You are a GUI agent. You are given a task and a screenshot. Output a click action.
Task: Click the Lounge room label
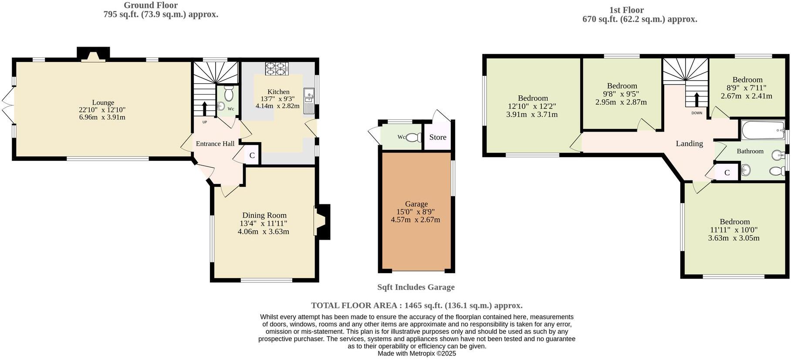tap(103, 103)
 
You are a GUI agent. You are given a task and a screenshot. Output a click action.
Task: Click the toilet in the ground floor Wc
tap(229, 94)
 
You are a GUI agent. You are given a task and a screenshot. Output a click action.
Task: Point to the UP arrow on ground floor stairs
tap(204, 109)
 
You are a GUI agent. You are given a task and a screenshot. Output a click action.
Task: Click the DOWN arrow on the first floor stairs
tap(696, 99)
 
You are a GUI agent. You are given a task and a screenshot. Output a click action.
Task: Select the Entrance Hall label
tap(215, 143)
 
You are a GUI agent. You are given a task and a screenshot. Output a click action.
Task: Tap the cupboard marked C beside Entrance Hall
tap(252, 156)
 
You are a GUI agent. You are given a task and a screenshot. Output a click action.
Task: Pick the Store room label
tap(438, 137)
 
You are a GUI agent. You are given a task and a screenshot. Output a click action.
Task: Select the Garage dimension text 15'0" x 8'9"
tap(416, 212)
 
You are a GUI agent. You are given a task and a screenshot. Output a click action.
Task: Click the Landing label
tap(689, 143)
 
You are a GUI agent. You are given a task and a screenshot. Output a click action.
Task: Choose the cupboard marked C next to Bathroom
tap(727, 173)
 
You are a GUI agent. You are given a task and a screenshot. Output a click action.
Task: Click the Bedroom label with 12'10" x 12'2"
tap(532, 98)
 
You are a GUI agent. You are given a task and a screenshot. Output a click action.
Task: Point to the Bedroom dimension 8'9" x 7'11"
tap(747, 88)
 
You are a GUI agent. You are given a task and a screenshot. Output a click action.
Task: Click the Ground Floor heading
tap(150, 5)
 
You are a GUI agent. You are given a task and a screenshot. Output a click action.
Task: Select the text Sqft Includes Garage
tap(416, 287)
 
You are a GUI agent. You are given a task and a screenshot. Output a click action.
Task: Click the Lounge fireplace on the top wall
tap(93, 57)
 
